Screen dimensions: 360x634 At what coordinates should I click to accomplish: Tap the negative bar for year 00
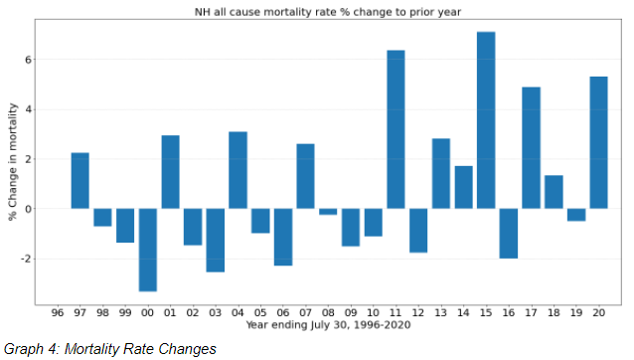click(x=147, y=250)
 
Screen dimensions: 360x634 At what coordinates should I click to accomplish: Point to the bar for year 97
click(x=79, y=181)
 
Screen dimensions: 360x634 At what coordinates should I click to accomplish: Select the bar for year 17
click(x=531, y=148)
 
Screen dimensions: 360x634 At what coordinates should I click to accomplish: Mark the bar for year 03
click(x=215, y=240)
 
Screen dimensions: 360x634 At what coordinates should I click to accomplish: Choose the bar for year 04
click(x=238, y=170)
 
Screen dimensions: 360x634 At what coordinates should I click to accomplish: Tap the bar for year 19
click(x=576, y=215)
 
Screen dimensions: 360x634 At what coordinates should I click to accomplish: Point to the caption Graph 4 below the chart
click(x=109, y=348)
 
